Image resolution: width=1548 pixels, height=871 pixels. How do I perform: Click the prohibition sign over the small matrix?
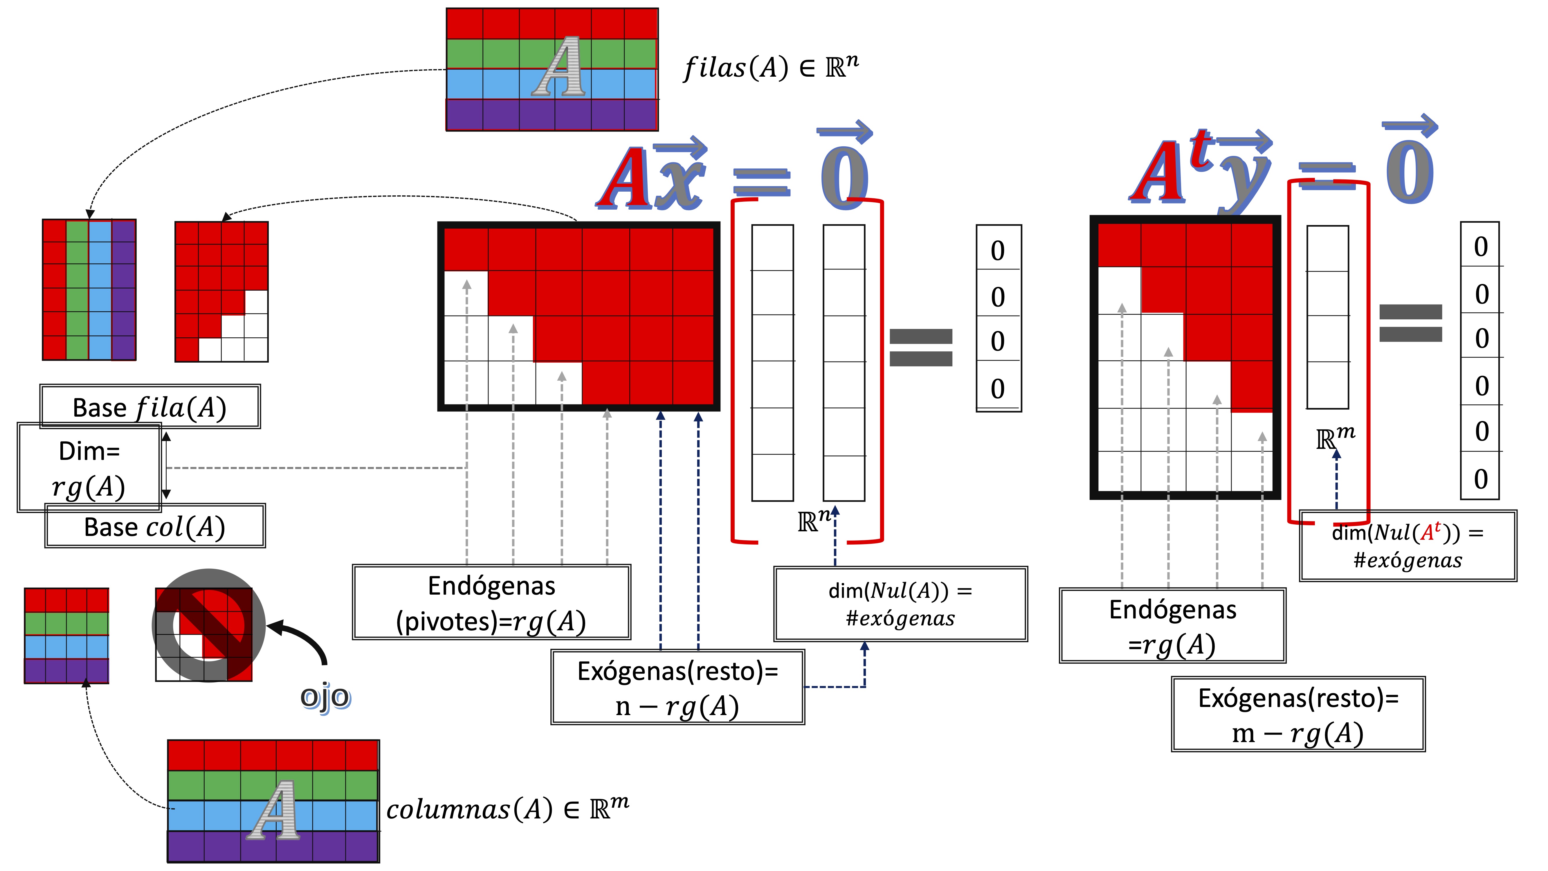point(208,625)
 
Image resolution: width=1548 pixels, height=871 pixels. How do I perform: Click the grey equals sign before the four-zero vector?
point(921,348)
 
